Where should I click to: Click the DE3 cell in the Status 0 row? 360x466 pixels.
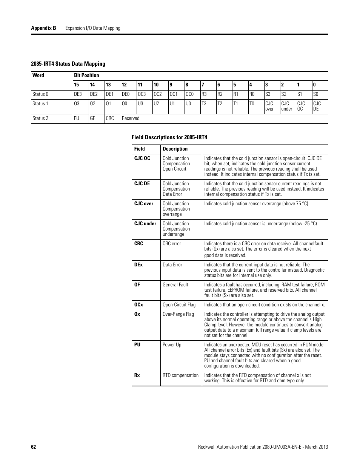click(x=78, y=94)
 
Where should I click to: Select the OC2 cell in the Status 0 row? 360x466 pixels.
click(x=157, y=94)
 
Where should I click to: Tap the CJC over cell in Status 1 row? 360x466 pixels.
click(x=269, y=106)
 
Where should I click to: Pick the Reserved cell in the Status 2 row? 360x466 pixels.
click(x=131, y=118)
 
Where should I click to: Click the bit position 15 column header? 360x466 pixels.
click(x=77, y=85)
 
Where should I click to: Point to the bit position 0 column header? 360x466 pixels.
click(x=314, y=85)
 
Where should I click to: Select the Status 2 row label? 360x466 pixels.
click(x=40, y=118)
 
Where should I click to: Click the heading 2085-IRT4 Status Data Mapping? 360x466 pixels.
click(x=68, y=64)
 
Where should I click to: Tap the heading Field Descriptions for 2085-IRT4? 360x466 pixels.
click(x=169, y=137)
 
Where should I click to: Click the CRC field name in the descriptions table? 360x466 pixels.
click(x=138, y=244)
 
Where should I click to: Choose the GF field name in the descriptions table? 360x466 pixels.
click(x=137, y=285)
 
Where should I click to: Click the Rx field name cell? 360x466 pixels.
click(x=137, y=375)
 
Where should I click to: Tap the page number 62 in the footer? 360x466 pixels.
click(x=34, y=447)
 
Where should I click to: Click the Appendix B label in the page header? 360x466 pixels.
click(x=43, y=28)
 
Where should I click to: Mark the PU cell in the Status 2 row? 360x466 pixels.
click(x=77, y=118)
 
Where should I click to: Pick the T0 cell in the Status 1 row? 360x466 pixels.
click(x=252, y=104)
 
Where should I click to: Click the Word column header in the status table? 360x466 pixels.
click(x=38, y=75)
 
